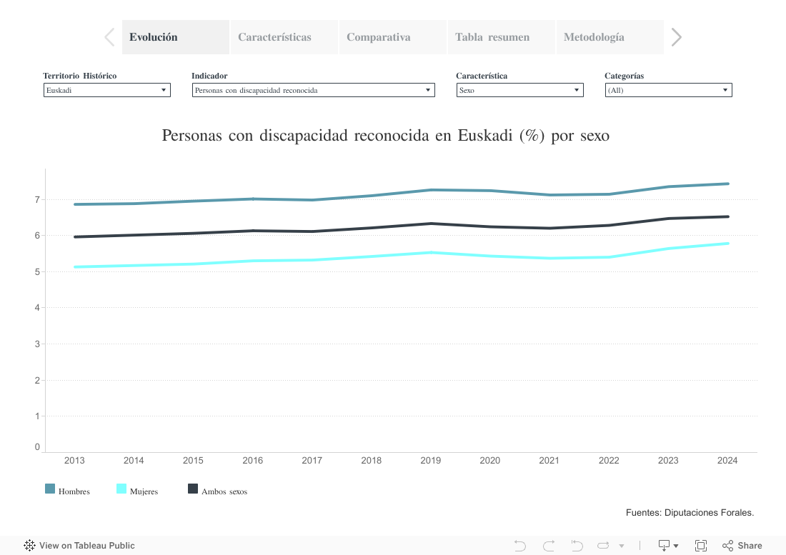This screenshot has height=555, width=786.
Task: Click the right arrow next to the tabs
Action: click(677, 37)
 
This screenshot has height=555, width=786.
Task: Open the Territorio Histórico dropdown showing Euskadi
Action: click(106, 90)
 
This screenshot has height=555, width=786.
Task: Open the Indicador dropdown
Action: click(313, 90)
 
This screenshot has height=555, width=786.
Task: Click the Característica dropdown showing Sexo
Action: click(519, 90)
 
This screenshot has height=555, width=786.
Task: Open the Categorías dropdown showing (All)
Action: click(668, 90)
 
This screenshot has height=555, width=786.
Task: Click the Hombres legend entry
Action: click(68, 491)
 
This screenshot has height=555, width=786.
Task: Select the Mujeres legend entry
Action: click(137, 491)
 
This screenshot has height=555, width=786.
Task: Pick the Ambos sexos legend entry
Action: click(217, 491)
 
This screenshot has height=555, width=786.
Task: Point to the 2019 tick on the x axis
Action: click(430, 461)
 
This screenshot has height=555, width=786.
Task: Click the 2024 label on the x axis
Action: click(727, 461)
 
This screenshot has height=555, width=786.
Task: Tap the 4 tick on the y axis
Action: click(36, 307)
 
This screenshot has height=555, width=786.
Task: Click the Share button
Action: click(742, 546)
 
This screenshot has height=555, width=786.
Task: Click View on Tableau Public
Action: click(79, 546)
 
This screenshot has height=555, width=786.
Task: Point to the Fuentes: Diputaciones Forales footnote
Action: click(690, 512)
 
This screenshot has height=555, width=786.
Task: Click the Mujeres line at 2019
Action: click(430, 252)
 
